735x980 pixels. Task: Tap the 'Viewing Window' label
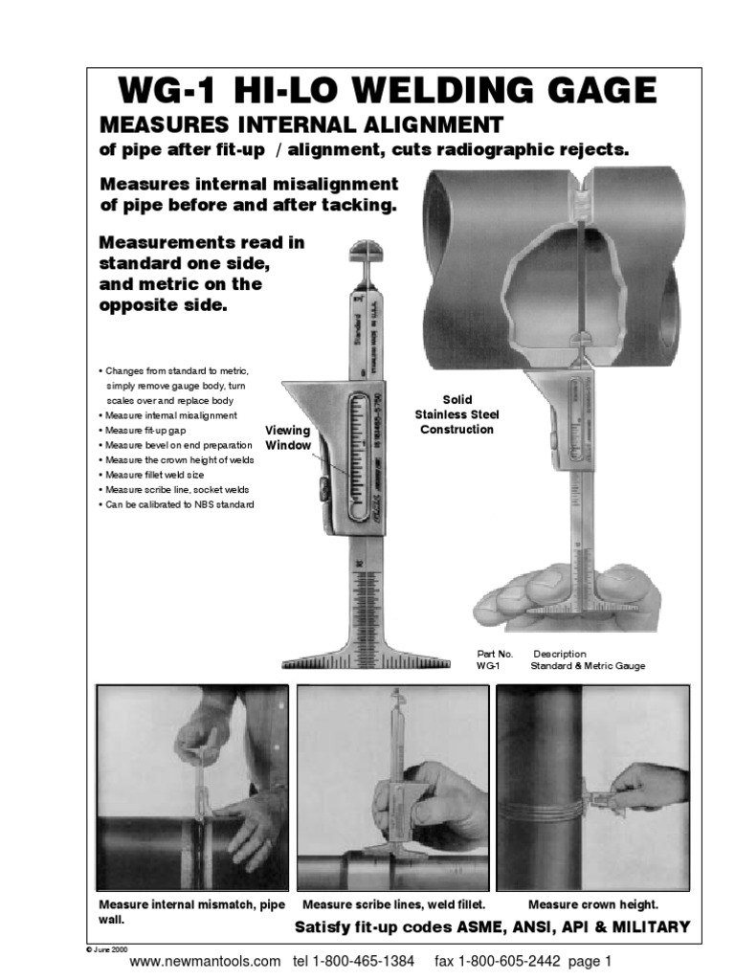tap(287, 438)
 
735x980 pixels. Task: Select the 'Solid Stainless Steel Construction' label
tap(456, 414)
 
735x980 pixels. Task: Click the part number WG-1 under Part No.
tap(488, 666)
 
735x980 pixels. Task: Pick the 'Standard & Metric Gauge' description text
tap(588, 666)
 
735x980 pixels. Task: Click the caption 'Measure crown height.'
tap(593, 904)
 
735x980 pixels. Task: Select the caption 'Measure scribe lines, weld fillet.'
tap(394, 904)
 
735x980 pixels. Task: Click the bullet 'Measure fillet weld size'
tap(155, 475)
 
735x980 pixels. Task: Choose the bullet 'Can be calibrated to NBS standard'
tap(177, 504)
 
